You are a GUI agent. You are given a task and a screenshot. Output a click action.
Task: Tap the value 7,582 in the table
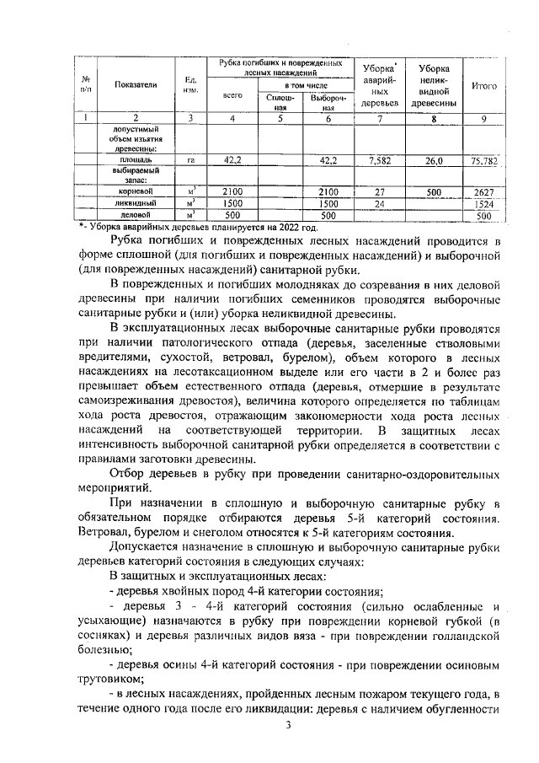tap(380, 159)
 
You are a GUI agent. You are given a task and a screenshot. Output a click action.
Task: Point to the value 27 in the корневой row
tap(380, 192)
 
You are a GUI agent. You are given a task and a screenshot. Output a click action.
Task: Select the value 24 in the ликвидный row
tap(380, 204)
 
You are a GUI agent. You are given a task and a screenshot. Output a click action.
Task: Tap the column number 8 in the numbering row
tap(434, 119)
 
